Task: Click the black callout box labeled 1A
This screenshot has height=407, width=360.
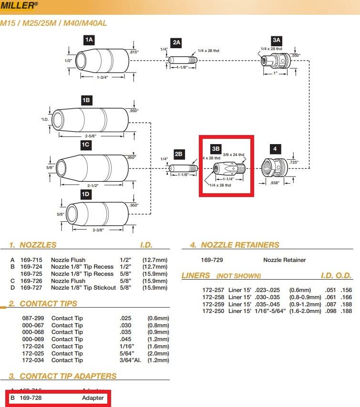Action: pos(89,41)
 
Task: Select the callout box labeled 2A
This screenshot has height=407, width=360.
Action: pos(176,42)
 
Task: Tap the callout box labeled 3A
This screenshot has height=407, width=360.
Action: pos(277,41)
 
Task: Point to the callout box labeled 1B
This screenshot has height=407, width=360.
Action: pos(86,100)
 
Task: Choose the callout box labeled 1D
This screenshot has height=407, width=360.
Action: pos(86,194)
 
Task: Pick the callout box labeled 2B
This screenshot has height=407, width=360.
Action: pos(178,154)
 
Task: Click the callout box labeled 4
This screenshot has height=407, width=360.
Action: pos(275,149)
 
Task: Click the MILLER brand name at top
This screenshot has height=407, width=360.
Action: pos(19,6)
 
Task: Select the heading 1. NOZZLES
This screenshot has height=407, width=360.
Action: pos(32,245)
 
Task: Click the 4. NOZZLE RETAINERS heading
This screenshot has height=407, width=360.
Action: pos(235,245)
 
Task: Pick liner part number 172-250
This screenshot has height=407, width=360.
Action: pos(214,311)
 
